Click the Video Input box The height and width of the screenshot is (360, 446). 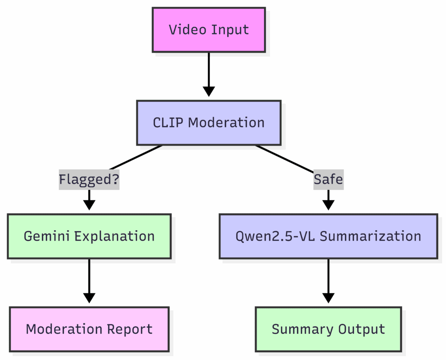209,30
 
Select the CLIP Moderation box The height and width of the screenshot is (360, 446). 209,123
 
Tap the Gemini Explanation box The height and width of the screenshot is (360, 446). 89,236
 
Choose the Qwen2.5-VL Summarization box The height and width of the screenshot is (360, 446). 328,236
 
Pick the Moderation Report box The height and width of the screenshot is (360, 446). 89,329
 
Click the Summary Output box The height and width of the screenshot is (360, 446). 328,329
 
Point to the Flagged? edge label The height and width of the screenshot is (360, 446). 89,179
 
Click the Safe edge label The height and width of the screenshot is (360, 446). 328,179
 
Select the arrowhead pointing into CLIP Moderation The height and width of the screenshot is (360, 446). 209,91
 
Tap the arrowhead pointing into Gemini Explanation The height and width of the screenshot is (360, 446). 89,205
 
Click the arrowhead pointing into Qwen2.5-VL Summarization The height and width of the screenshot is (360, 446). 328,205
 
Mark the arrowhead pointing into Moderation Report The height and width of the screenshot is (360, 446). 89,298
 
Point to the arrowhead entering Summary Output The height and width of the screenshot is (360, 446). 328,298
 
